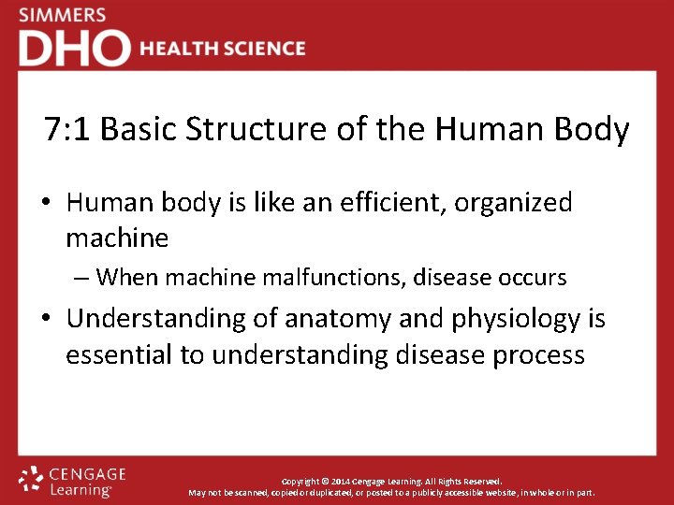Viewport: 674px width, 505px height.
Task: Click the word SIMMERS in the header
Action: (62, 16)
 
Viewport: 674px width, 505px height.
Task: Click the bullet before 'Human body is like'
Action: (49, 203)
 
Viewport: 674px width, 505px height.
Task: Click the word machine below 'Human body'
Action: (117, 238)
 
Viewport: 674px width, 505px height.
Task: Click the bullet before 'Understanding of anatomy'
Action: (49, 319)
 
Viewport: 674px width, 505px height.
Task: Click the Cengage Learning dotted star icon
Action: (31, 479)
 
